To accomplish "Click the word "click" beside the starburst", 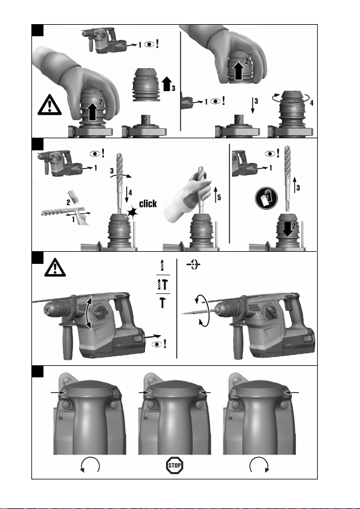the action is pyautogui.click(x=148, y=203).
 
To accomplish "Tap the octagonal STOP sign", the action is pyautogui.click(x=175, y=466).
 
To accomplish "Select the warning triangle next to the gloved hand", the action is pyautogui.click(x=50, y=105).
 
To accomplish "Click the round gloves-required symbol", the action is pyautogui.click(x=266, y=198).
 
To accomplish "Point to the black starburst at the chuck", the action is pyautogui.click(x=132, y=213).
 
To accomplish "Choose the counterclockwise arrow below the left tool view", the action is pyautogui.click(x=90, y=465).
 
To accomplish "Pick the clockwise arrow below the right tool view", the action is pyautogui.click(x=259, y=465).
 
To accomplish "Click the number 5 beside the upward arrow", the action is pyautogui.click(x=219, y=197).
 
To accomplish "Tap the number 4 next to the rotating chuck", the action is pyautogui.click(x=312, y=103).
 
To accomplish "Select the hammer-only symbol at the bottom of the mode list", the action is pyautogui.click(x=162, y=303).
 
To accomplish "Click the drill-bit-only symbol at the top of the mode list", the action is pyautogui.click(x=162, y=265).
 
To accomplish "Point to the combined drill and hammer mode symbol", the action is pyautogui.click(x=162, y=284).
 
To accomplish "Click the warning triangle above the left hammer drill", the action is pyautogui.click(x=55, y=267).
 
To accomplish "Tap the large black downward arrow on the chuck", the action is pyautogui.click(x=288, y=230).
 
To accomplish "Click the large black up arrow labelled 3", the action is pyautogui.click(x=167, y=84).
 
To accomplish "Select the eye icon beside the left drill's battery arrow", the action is pyautogui.click(x=157, y=344).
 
